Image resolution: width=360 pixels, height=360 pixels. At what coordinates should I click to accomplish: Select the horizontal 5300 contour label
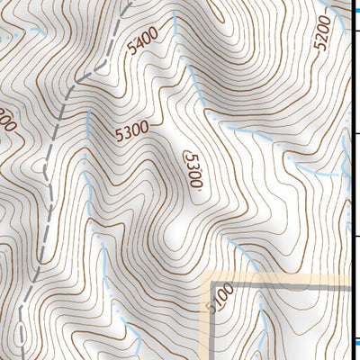click(131, 131)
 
